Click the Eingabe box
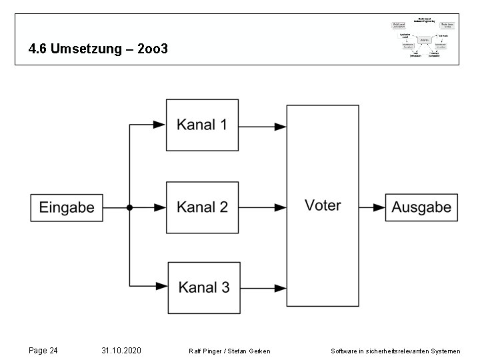[67, 207]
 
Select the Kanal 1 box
[202, 125]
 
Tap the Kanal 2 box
[202, 207]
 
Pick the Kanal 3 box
[203, 287]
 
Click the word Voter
[323, 205]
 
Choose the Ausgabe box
[421, 207]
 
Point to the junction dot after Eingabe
[130, 207]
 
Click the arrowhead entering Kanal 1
[159, 125]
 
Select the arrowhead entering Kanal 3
[161, 287]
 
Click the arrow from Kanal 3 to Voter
[263, 287]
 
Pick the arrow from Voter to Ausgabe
[372, 207]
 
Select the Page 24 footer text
[43, 350]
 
